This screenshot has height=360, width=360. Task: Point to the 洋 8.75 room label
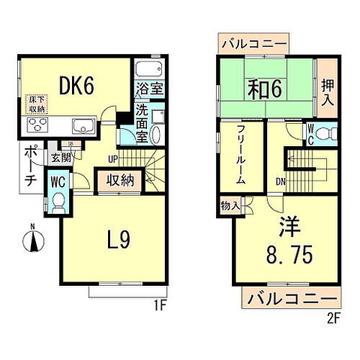pyautogui.click(x=284, y=243)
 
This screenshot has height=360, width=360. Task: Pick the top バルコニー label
pyautogui.click(x=253, y=44)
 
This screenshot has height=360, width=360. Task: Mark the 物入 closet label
pyautogui.click(x=232, y=206)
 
